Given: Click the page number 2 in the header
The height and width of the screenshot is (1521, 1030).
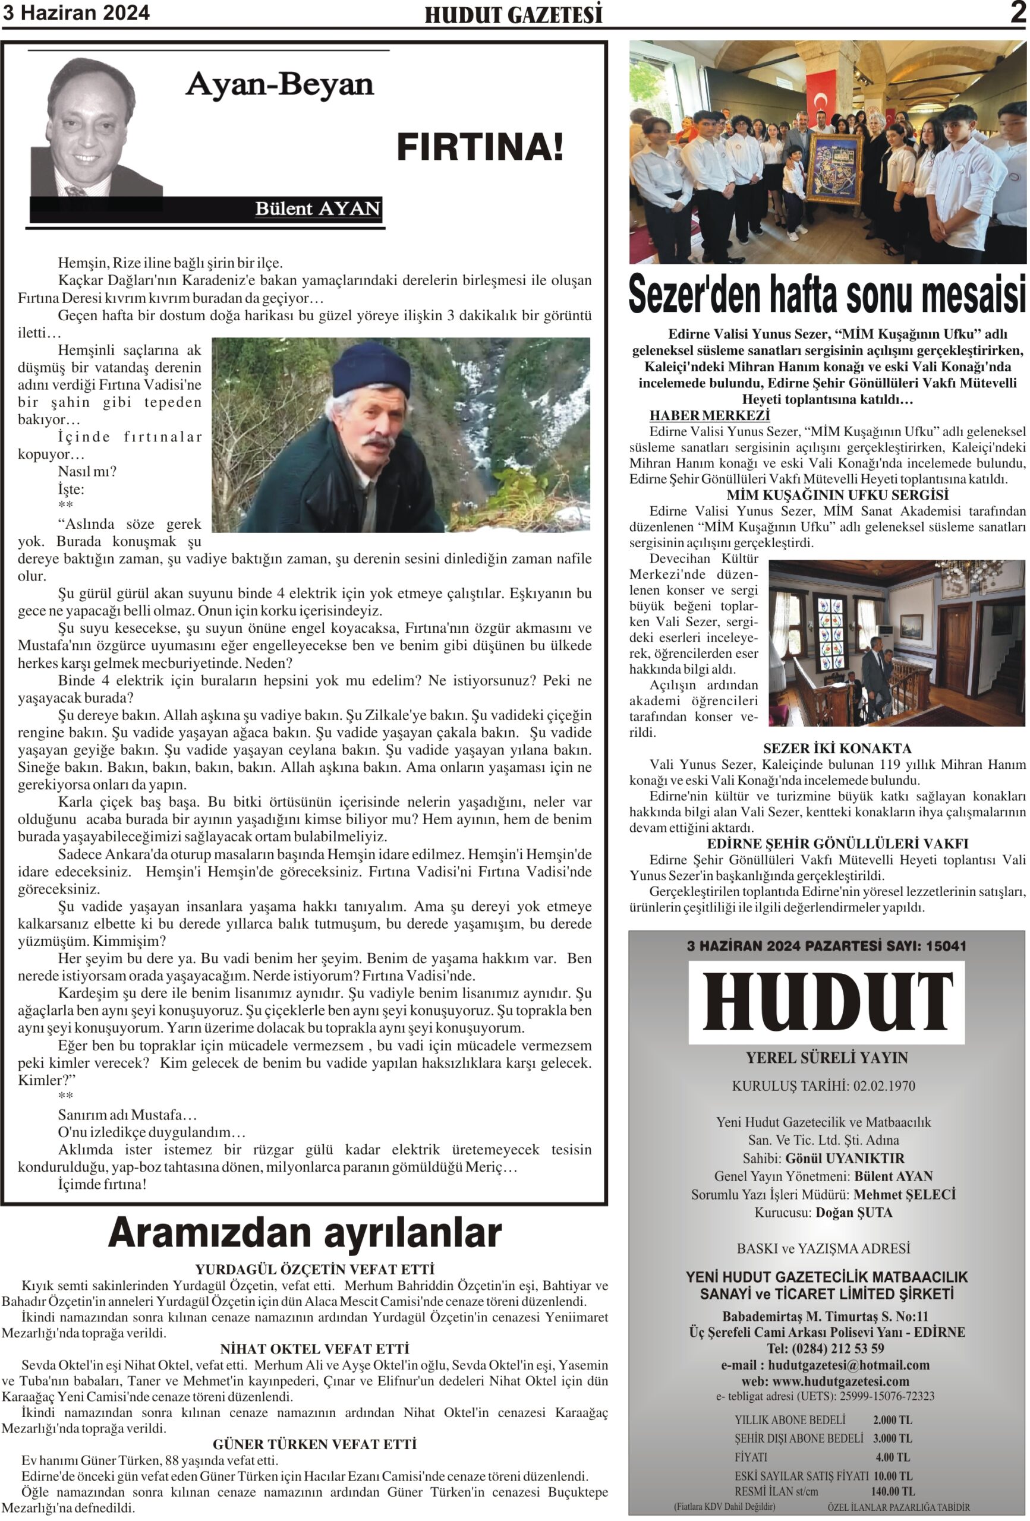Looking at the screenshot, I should click(x=1017, y=12).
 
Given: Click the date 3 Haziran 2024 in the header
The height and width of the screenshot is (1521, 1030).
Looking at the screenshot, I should click(x=76, y=13).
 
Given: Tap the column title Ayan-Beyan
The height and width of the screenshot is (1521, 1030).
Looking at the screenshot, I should click(x=279, y=84).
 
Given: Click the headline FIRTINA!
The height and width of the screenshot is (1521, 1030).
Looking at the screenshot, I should click(x=480, y=147).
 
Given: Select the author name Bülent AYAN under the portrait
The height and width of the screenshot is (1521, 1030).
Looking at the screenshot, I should click(x=317, y=209).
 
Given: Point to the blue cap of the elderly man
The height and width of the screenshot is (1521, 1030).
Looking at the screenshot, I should click(x=371, y=369).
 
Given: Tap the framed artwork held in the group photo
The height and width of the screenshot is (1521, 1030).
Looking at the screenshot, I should click(x=834, y=169).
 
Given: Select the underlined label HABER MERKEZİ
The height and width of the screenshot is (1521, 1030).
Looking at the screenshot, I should click(x=709, y=415).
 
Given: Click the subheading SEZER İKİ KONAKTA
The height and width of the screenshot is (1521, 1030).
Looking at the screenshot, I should click(x=836, y=748).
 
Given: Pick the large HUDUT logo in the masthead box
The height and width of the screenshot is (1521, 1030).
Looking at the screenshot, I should click(x=826, y=1002).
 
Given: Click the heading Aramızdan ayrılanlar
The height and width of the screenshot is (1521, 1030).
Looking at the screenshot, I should click(x=304, y=1233).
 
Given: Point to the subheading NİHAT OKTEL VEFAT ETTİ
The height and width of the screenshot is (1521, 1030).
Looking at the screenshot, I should click(x=314, y=1349).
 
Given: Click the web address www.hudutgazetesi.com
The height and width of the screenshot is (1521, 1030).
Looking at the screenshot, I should click(x=841, y=1381).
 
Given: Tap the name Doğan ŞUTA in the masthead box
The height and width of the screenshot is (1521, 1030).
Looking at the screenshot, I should click(x=853, y=1213).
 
